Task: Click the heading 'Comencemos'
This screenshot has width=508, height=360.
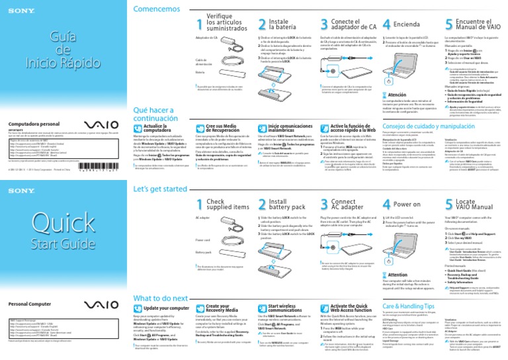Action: (x=155, y=9)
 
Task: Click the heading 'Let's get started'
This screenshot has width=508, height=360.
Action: (x=161, y=189)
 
